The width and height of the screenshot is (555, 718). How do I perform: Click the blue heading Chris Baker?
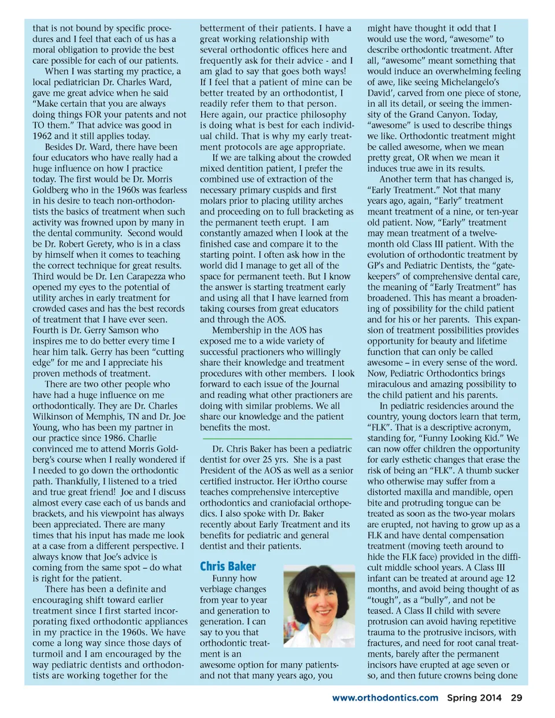pyautogui.click(x=228, y=567)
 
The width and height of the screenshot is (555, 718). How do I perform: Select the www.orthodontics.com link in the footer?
pyautogui.click(x=385, y=698)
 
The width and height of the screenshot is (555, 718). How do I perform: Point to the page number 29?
pyautogui.click(x=516, y=698)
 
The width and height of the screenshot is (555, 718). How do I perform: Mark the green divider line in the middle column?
pyautogui.click(x=276, y=439)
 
